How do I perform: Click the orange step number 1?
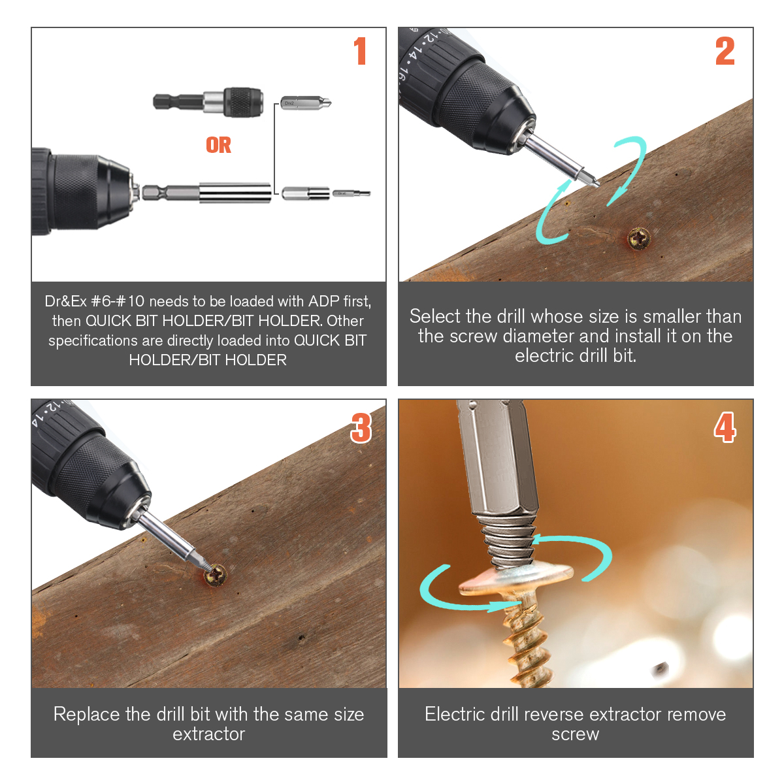(359, 51)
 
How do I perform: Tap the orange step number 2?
(725, 51)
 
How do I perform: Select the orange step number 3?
(361, 427)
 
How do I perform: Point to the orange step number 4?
(725, 427)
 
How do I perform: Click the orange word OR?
(218, 145)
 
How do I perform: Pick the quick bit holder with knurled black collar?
(208, 102)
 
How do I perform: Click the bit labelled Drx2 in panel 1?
(306, 103)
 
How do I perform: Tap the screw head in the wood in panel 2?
(639, 238)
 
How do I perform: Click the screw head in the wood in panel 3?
(215, 574)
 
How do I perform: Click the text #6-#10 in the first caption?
(118, 301)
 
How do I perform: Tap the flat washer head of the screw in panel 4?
(516, 578)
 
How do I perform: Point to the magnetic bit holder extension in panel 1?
(206, 193)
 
